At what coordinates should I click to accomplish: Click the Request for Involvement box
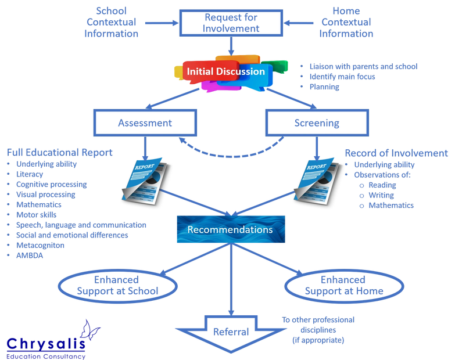click(232, 22)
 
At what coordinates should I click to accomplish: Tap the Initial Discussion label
click(225, 72)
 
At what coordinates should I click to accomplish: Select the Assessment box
click(145, 123)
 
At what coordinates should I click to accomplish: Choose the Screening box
click(316, 123)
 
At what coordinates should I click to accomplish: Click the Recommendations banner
click(230, 229)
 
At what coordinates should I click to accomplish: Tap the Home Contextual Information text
click(345, 22)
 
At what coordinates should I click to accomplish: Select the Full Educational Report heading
click(59, 153)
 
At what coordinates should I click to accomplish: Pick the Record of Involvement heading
click(396, 153)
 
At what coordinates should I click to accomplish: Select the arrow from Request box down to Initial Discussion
click(231, 45)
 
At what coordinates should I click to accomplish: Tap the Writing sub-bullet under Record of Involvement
click(381, 195)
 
